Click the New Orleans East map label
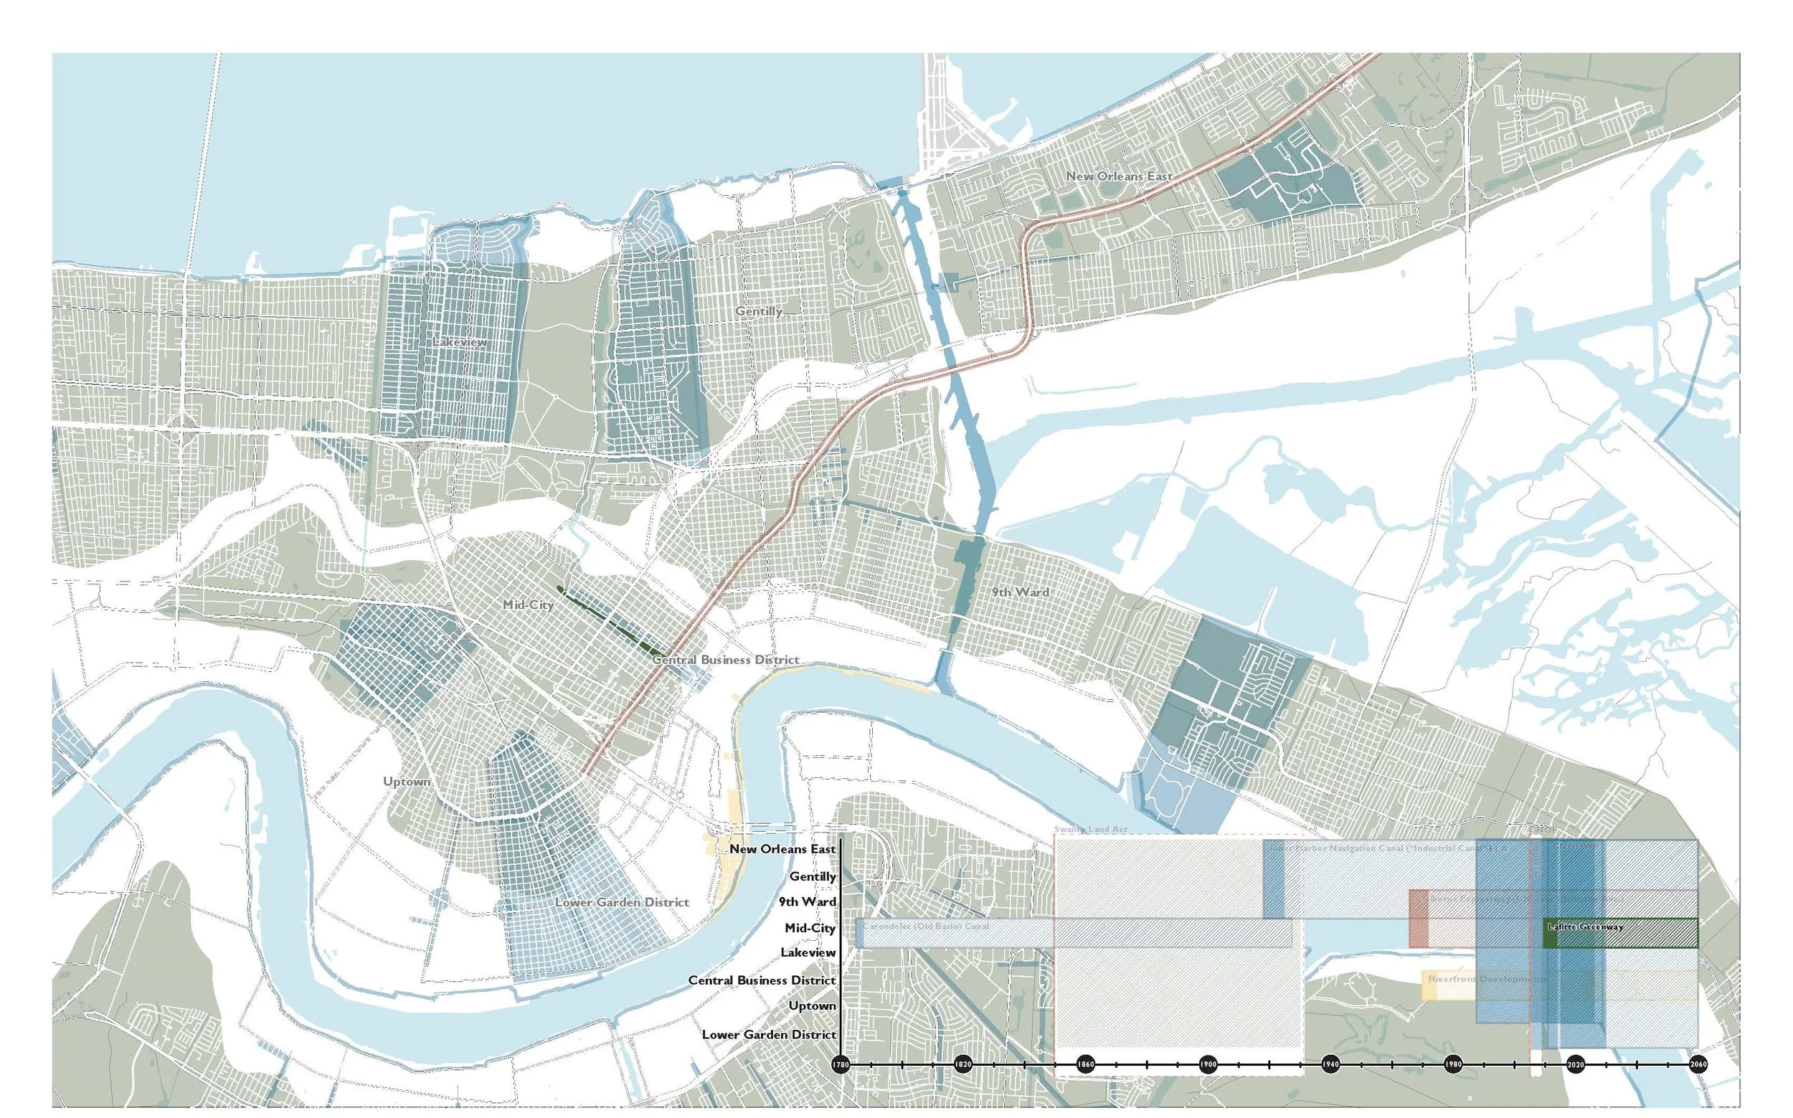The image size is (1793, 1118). [1119, 176]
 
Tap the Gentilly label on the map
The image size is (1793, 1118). [759, 311]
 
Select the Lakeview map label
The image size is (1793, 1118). [460, 341]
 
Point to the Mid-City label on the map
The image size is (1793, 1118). [528, 604]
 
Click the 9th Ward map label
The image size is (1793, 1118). [1020, 592]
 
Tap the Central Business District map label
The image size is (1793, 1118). [725, 660]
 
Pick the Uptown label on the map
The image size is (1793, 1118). [407, 782]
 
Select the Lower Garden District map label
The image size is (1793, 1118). [622, 902]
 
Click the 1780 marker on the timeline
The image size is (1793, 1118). [840, 1085]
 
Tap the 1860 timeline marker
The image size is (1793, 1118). [1085, 1085]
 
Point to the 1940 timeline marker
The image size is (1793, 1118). [1330, 1085]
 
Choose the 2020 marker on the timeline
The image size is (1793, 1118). [1576, 1085]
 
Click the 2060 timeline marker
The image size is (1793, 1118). [1698, 1085]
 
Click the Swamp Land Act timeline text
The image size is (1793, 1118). [1091, 830]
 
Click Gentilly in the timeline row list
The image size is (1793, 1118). [813, 876]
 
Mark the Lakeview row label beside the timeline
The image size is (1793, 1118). [808, 953]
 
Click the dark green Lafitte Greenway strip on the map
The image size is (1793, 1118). [610, 622]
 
